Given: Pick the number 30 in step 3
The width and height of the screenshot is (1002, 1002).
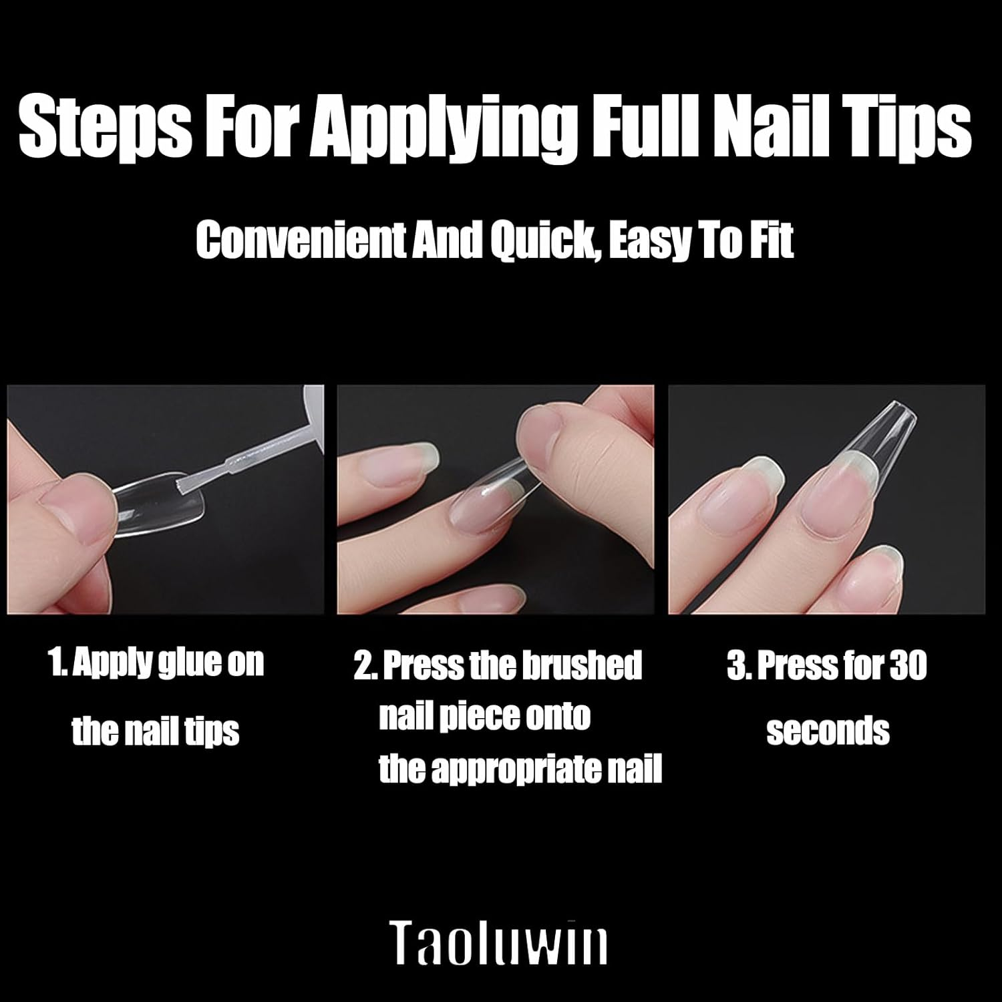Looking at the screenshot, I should (906, 667).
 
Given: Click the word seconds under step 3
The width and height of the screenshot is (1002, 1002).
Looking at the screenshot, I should (828, 731).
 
